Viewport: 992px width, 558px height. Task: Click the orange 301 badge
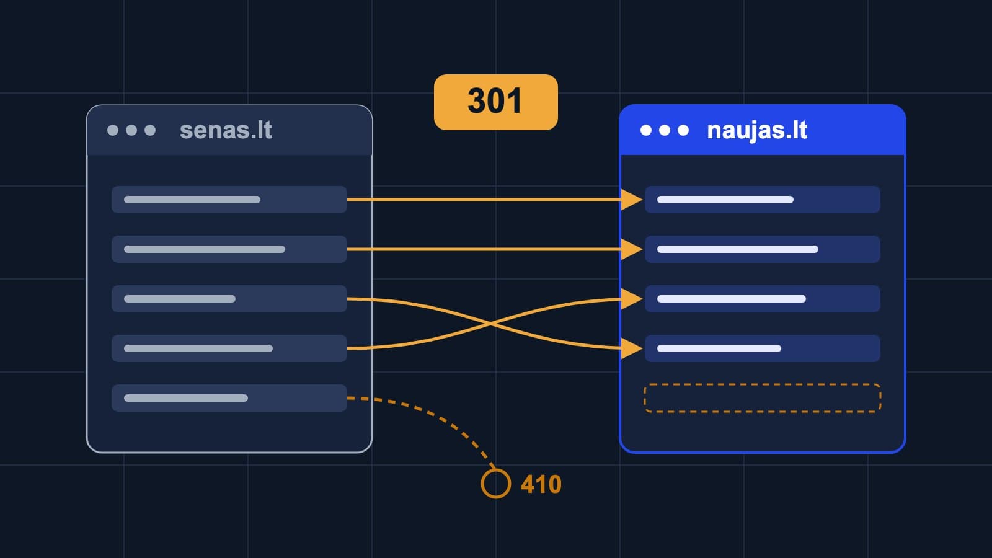tap(495, 102)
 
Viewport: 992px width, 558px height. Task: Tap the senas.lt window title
tap(226, 130)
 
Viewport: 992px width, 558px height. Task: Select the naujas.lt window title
tap(757, 131)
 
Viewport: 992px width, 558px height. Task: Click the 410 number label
tap(541, 484)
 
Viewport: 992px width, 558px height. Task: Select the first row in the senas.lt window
tap(229, 200)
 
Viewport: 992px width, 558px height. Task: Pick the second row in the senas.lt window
tap(229, 249)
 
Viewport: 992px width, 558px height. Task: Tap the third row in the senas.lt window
tap(229, 299)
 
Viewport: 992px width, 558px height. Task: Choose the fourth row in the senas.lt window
tap(229, 348)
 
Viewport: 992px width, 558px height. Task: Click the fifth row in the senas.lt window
tap(229, 398)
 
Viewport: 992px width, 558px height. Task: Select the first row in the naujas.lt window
tap(762, 200)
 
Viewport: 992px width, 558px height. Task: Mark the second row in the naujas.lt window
tap(762, 249)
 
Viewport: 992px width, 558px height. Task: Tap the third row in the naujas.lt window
tap(762, 299)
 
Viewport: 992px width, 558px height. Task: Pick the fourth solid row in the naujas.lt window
tap(762, 348)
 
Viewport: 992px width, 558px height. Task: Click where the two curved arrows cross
tap(490, 324)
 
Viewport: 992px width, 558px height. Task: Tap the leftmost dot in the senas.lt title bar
tap(113, 130)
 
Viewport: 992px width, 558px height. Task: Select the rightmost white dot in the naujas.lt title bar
tap(683, 130)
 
